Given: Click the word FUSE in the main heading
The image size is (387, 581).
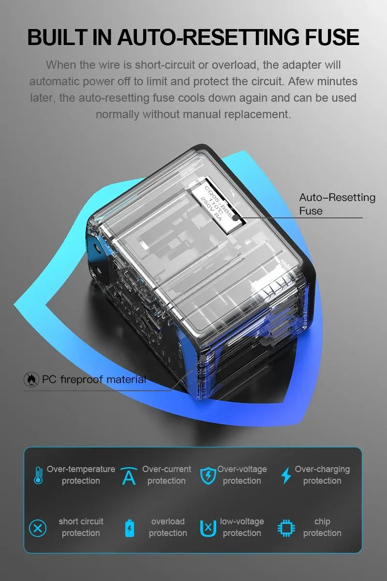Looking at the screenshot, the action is point(332,37).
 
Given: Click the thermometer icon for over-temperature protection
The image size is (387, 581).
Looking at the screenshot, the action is point(38,475).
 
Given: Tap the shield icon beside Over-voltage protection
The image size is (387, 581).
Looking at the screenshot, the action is point(208,475).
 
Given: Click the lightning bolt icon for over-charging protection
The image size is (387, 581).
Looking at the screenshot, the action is point(286,475).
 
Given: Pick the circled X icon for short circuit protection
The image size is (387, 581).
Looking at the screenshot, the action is point(38,528).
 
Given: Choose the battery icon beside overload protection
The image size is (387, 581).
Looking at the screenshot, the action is point(130,528).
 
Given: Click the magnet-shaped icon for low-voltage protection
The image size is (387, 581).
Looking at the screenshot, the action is point(208,528).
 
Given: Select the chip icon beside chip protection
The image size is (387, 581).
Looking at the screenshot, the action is point(286,528).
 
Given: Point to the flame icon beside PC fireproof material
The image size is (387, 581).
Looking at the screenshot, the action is point(31,380).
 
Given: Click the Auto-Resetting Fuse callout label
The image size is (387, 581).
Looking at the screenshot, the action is point(337,204).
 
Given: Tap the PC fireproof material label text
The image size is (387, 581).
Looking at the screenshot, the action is point(94,380).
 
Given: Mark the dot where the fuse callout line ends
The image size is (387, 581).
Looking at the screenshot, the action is point(235,217).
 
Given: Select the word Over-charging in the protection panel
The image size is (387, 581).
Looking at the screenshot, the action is point(322,469).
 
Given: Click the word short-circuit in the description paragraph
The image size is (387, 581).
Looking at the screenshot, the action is point(165,65).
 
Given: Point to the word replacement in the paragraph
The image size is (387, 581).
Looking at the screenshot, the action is point(257,114).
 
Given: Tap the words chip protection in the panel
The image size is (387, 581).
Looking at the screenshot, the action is point(322,527).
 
